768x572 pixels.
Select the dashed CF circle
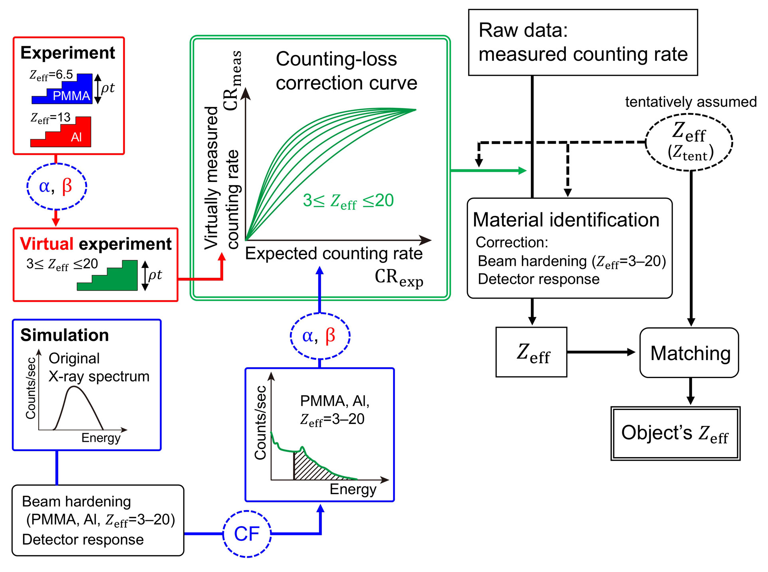pos(247,534)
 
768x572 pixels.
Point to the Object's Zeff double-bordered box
pos(675,433)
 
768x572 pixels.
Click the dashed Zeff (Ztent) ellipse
pos(690,142)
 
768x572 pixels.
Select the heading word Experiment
pos(67,53)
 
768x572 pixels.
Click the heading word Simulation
pos(65,335)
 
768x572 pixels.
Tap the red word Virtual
pos(47,244)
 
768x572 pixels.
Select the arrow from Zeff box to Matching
pos(601,352)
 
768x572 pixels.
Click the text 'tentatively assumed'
pos(691,102)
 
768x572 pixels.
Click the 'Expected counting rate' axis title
pos(334,254)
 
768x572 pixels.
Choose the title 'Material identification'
pos(566,220)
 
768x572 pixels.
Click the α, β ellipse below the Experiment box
pos(56,186)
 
